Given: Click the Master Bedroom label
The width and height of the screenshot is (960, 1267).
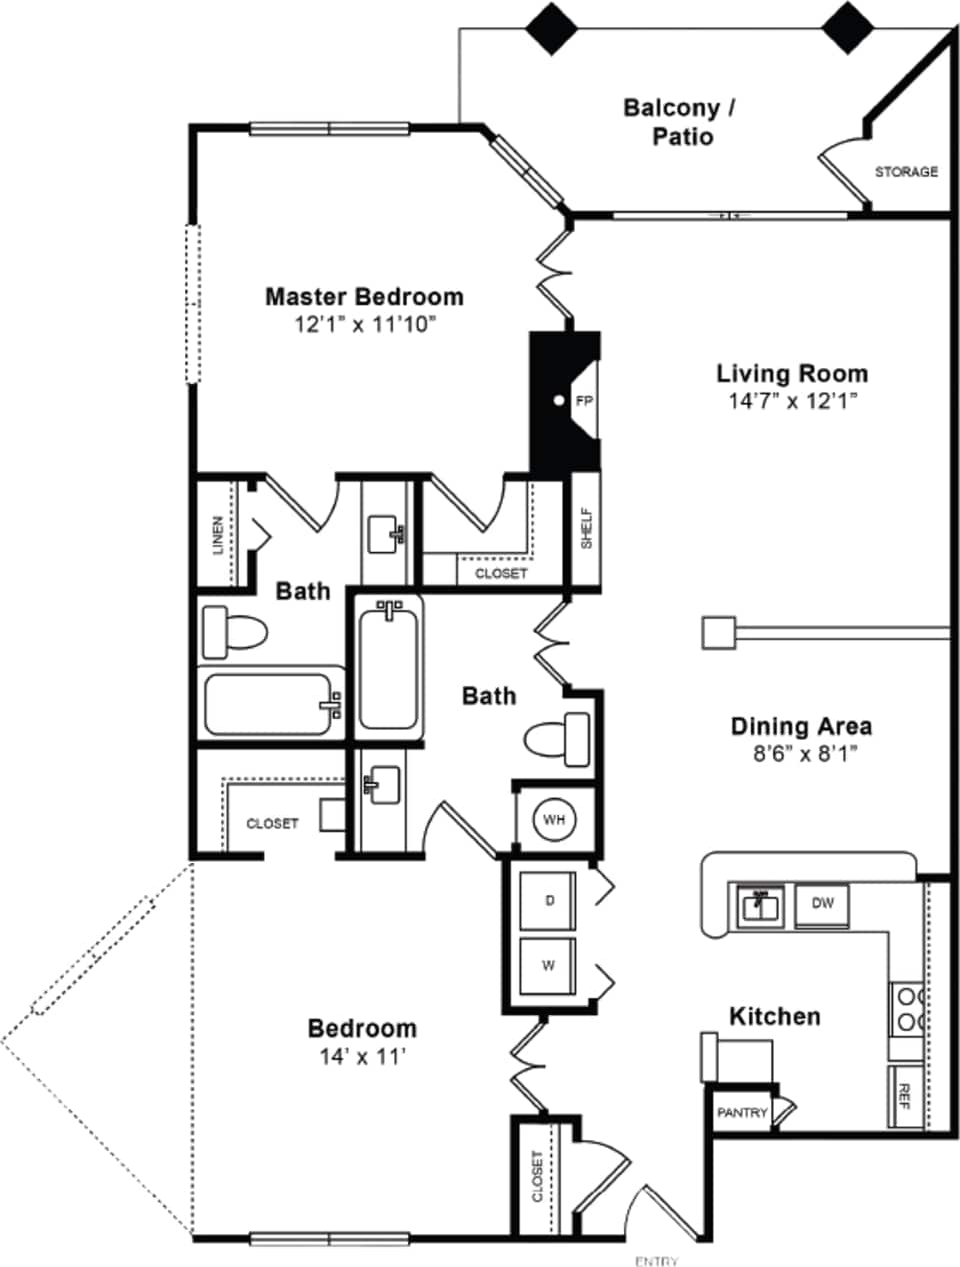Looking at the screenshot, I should pos(364,297).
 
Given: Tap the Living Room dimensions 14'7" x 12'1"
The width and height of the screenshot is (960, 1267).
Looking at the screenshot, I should pos(792,401).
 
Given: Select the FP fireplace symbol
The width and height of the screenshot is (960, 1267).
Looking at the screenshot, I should pos(583,401).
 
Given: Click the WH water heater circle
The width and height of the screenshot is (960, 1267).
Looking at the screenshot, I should pos(554,819).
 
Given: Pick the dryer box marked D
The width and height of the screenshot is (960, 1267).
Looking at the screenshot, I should pos(548,901).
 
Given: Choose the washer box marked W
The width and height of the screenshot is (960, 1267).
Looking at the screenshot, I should pos(548,966).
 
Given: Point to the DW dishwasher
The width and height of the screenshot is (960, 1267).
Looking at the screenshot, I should pos(822,904).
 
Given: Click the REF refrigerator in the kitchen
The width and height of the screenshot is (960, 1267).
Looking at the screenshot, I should pos(905,1096).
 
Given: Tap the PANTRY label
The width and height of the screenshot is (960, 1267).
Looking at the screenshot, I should pos(742,1113).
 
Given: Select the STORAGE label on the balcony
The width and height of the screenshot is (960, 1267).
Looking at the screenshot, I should pos(906,172).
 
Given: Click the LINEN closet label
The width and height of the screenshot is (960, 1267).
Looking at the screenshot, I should pos(218,534).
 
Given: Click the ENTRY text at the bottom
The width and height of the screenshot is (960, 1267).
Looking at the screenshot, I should pos(656,1261).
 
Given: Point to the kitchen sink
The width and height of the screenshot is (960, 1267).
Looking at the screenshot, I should pos(760,907).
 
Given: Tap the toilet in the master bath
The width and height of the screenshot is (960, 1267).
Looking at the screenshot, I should pos(233,632).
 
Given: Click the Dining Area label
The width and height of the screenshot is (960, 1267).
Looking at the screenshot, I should pos(800,727).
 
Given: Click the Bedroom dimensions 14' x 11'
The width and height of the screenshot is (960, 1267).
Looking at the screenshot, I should pos(362,1056).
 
